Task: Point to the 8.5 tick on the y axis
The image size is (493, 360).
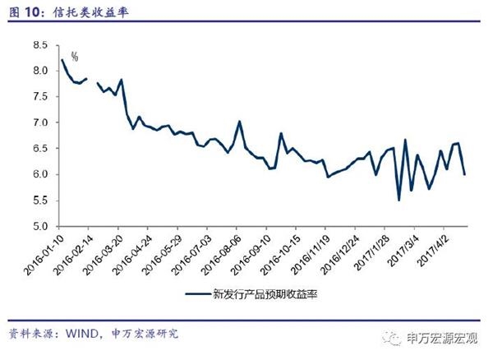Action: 39,45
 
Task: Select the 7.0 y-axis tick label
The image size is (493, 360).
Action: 39,122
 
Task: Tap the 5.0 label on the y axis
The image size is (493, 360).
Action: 39,226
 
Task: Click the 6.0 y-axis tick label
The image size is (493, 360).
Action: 39,174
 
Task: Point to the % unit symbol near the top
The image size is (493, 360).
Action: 74,57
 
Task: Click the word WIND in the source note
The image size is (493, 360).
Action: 82,334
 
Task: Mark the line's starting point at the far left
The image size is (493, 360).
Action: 62,60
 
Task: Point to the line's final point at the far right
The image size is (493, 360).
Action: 465,174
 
